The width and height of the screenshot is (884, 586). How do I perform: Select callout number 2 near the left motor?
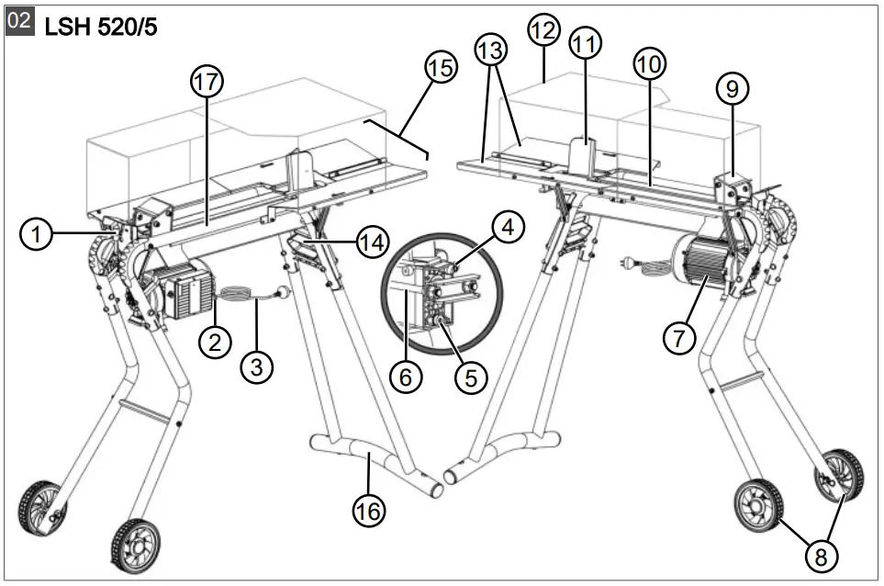click(x=215, y=343)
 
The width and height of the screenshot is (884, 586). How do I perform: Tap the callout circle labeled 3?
click(x=257, y=367)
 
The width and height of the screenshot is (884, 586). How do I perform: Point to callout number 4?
click(x=506, y=225)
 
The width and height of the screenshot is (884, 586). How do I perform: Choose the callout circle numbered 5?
click(x=471, y=377)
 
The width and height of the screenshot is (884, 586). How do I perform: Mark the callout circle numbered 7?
click(x=680, y=338)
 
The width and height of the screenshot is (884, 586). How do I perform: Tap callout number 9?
click(x=732, y=89)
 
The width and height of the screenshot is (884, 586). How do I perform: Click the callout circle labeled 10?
click(x=650, y=63)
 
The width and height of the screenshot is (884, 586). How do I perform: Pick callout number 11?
click(x=586, y=43)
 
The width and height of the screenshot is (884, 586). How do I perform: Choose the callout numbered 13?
click(x=492, y=49)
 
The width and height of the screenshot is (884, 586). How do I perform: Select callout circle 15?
click(x=441, y=67)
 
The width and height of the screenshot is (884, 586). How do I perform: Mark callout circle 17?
click(x=207, y=82)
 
